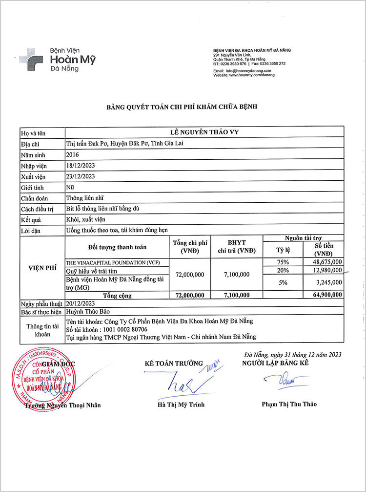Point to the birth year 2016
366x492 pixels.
72,154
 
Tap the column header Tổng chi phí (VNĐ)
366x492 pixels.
188,247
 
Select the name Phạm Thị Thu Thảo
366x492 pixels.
289,404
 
